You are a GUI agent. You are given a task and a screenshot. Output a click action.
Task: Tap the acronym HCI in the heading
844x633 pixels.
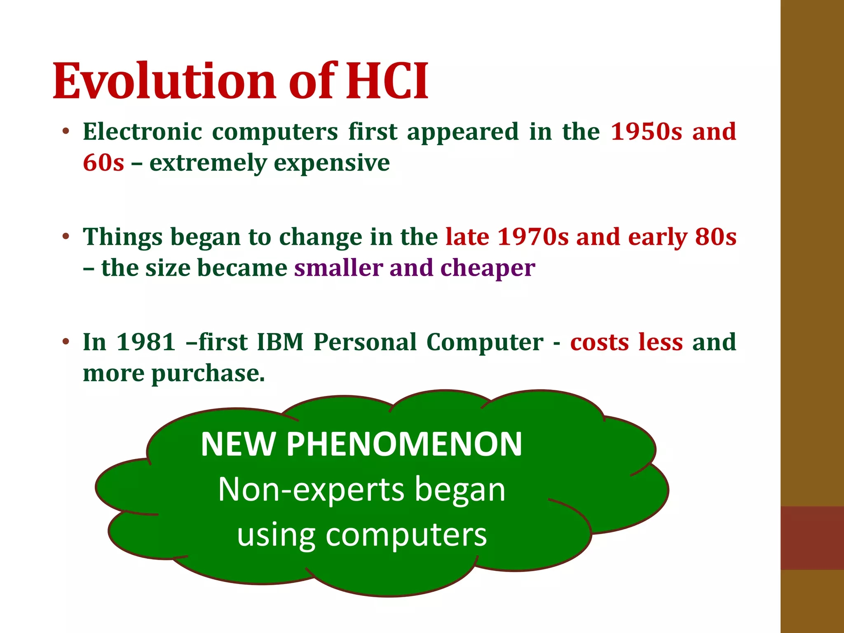coord(387,81)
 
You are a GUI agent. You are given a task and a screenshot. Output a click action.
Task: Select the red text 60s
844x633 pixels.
coord(103,163)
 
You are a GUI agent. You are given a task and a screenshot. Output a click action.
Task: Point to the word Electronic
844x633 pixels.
coord(143,132)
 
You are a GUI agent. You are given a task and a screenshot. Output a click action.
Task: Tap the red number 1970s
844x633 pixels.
coord(533,237)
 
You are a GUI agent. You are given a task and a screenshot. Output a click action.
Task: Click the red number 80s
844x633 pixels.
coord(715,237)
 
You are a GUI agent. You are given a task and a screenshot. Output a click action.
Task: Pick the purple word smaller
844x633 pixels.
coord(338,268)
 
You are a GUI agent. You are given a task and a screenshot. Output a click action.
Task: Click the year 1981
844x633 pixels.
coord(146,342)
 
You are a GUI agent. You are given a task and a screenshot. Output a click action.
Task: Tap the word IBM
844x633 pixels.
coord(280,342)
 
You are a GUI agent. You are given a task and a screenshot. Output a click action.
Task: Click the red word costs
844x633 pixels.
coord(600,342)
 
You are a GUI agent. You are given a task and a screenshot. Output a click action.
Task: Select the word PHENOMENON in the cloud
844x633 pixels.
coord(404,444)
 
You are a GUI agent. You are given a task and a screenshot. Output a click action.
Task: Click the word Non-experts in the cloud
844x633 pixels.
coord(311,490)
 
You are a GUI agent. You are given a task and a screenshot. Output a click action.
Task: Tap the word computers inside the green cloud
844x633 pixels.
coord(406,535)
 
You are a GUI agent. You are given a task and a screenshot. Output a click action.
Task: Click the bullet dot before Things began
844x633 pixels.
coord(66,237)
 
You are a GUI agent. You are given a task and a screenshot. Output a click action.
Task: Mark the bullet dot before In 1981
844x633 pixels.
coord(66,342)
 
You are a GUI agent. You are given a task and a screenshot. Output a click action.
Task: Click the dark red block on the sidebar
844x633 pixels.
coord(812,538)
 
